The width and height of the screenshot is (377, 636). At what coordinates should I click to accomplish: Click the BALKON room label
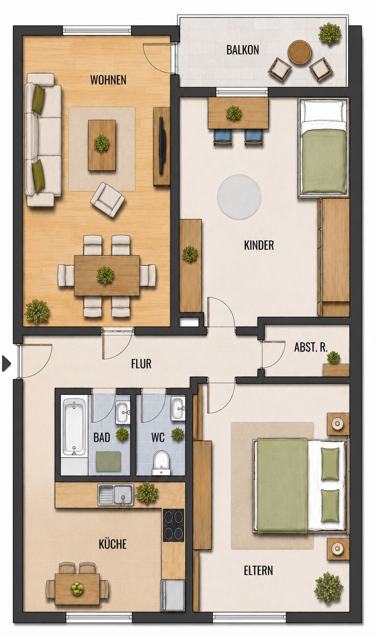(x=242, y=50)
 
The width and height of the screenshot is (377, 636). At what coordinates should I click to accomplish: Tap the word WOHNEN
(x=108, y=80)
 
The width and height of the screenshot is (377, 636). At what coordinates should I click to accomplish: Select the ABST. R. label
(x=311, y=347)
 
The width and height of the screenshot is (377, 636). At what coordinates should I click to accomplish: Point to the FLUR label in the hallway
(x=141, y=364)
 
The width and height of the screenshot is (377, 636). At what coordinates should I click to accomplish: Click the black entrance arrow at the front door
(x=6, y=363)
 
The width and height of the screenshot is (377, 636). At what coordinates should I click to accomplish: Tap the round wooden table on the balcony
(x=300, y=52)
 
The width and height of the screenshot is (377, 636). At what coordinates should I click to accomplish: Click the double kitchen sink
(x=116, y=495)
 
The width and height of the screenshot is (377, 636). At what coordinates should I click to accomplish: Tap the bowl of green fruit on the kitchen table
(x=77, y=588)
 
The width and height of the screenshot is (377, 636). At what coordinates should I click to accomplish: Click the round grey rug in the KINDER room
(x=239, y=197)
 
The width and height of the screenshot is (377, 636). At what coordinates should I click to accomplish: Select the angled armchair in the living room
(x=107, y=200)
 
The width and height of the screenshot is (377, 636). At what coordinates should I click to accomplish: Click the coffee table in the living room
(x=102, y=145)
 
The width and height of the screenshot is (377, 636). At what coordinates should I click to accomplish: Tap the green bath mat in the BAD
(x=108, y=461)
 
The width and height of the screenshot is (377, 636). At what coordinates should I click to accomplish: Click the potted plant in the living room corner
(x=37, y=311)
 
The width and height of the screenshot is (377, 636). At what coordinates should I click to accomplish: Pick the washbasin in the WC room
(x=178, y=409)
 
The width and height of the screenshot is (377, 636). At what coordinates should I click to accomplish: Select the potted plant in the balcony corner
(x=329, y=34)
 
